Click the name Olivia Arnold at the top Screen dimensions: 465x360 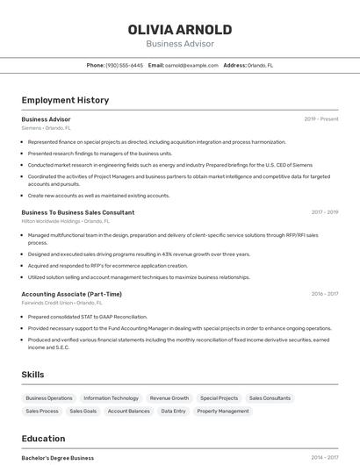point(180,29)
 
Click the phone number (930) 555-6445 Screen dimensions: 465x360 point(124,65)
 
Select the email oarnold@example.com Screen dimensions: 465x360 point(191,65)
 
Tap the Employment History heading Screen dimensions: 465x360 point(65,100)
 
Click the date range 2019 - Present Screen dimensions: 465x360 point(320,119)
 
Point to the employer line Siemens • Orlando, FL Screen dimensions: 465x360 point(47,128)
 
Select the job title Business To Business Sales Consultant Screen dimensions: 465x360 point(78,212)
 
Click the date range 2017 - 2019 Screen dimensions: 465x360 point(324,212)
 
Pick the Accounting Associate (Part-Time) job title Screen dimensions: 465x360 point(72,294)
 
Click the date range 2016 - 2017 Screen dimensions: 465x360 point(324,294)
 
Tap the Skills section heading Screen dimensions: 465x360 point(33,375)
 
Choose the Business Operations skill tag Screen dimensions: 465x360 point(49,398)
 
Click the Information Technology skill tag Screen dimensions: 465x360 point(111,398)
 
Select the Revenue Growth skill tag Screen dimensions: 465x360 point(169,398)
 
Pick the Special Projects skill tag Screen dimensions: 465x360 point(219,398)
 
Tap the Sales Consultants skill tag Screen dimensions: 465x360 point(270,398)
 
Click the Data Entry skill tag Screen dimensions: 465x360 point(173,411)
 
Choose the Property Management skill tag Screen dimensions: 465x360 point(223,411)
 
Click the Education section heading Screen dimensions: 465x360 point(43,439)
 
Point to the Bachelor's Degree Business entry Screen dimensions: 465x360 point(58,458)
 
